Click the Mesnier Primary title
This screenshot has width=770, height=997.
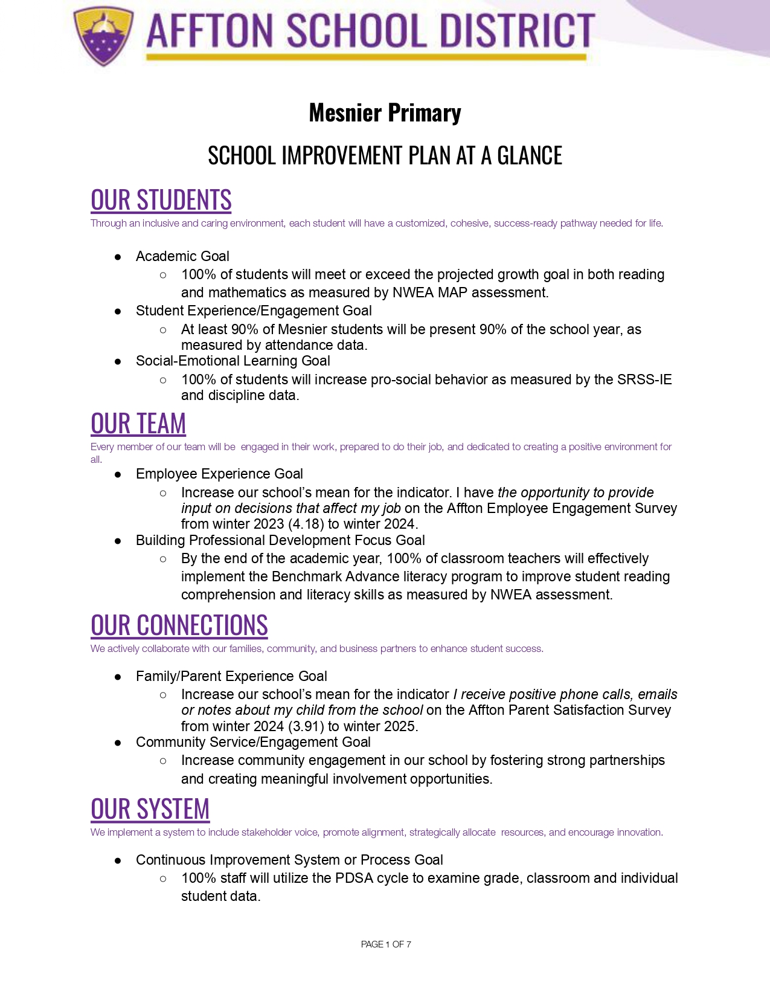(x=385, y=113)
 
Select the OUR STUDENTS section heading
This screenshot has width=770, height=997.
(x=161, y=201)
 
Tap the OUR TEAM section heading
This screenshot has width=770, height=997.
(x=138, y=424)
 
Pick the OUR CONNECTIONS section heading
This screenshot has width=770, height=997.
(x=179, y=626)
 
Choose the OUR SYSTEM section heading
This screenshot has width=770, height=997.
(x=150, y=810)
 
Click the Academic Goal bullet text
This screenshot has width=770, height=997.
(x=182, y=256)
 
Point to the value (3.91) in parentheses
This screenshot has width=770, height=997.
(x=306, y=726)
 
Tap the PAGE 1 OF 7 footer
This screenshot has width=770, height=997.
(x=385, y=944)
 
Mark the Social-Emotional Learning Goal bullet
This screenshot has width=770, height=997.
(x=233, y=361)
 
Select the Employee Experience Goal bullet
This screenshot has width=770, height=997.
(x=219, y=474)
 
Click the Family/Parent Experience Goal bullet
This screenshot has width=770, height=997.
(x=231, y=676)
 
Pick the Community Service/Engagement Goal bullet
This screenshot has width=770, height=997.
(x=253, y=742)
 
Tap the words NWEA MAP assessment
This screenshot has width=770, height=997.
(x=470, y=292)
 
